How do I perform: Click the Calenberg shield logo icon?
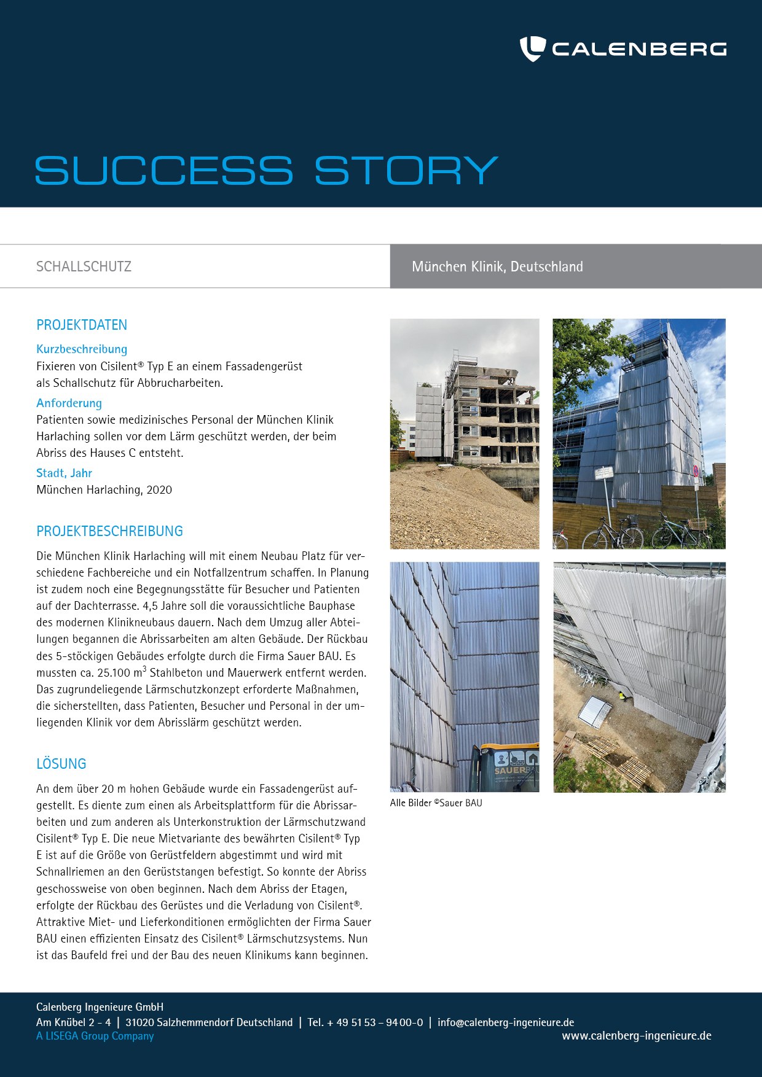pos(532,49)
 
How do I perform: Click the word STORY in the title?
pos(406,170)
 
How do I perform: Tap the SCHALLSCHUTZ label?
pos(84,266)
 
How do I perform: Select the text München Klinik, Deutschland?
pos(497,266)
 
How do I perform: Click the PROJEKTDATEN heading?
pos(82,325)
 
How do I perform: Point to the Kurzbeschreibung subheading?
pos(82,349)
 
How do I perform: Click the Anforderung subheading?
pos(69,403)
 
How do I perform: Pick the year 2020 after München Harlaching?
pos(159,490)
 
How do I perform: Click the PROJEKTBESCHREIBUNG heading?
pos(109,531)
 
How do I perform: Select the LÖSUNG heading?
pos(61,764)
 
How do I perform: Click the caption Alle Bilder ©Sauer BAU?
pos(436,803)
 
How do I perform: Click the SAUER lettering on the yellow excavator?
pos(510,771)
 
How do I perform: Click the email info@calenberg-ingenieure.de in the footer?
pos(506,1022)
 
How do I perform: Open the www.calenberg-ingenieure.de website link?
pos(636,1036)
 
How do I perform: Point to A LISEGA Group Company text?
pos(95,1036)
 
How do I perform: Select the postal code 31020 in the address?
pos(139,1022)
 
